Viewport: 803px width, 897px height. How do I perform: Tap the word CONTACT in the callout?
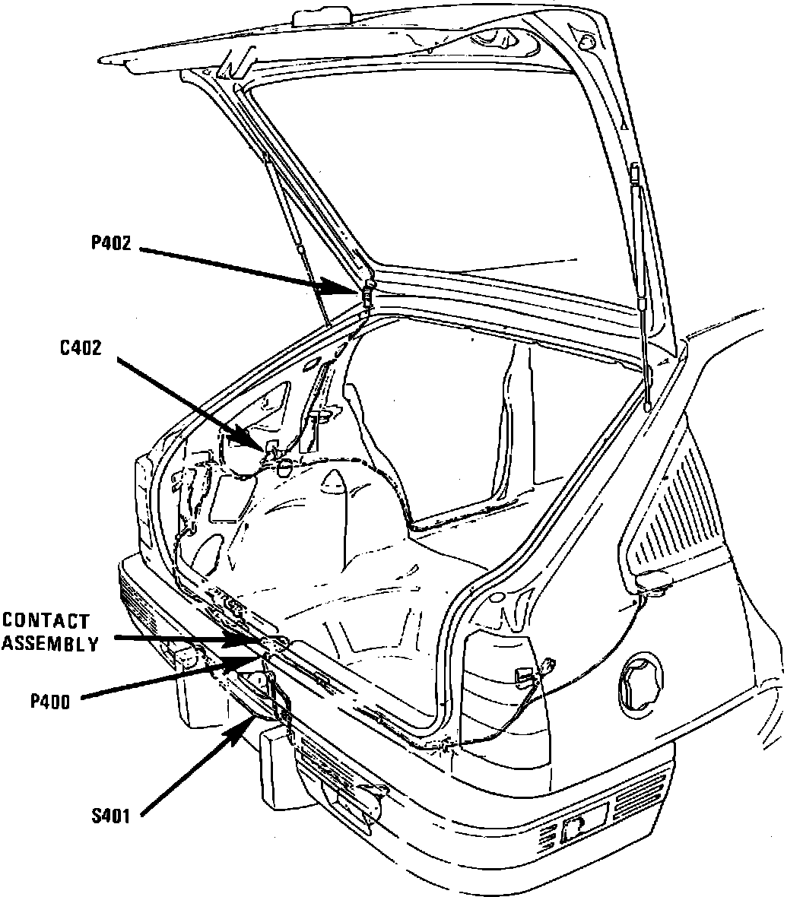46,622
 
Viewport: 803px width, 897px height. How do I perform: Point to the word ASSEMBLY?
49,644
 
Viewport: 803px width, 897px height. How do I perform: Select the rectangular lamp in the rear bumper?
583,823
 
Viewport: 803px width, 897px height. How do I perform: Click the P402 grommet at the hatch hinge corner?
368,292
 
